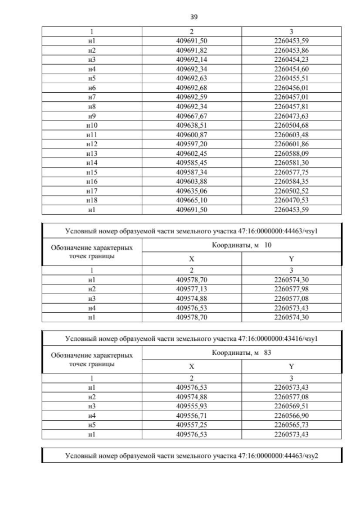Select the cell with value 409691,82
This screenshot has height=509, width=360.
[192, 50]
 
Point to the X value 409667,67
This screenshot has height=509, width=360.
[192, 116]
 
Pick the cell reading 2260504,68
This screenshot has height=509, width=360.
[291, 125]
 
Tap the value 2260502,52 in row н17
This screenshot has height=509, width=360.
[291, 191]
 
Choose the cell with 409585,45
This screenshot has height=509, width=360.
[192, 162]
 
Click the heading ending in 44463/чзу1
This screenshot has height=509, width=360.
[192, 231]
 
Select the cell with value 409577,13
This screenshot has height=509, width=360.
[192, 289]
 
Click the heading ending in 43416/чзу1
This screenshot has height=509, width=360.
[192, 339]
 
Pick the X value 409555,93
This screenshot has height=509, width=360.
[192, 406]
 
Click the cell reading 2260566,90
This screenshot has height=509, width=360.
[291, 415]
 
